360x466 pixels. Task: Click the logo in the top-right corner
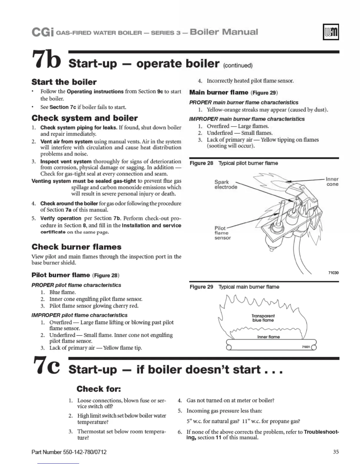click(331, 32)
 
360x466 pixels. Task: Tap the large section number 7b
click(46, 59)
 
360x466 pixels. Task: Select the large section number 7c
click(46, 365)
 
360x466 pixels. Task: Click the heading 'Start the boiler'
click(64, 82)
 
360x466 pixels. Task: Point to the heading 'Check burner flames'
click(76, 247)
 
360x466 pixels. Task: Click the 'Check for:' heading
click(99, 389)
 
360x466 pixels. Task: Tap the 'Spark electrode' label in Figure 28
click(225, 184)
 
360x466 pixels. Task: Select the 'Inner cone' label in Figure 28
click(332, 182)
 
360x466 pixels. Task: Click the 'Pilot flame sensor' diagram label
click(222, 233)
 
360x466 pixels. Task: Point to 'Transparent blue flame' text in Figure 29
click(263, 318)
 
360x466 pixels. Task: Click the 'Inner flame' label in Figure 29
click(269, 337)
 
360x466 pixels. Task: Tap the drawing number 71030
click(333, 273)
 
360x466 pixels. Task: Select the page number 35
click(336, 452)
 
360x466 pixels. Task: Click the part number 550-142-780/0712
click(69, 452)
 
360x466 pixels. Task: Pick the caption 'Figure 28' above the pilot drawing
click(201, 163)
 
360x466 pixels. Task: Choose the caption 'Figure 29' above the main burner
click(201, 287)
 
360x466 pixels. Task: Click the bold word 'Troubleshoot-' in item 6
click(321, 432)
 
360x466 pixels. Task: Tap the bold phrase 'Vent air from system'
click(66, 142)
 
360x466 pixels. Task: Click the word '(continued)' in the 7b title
click(238, 65)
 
